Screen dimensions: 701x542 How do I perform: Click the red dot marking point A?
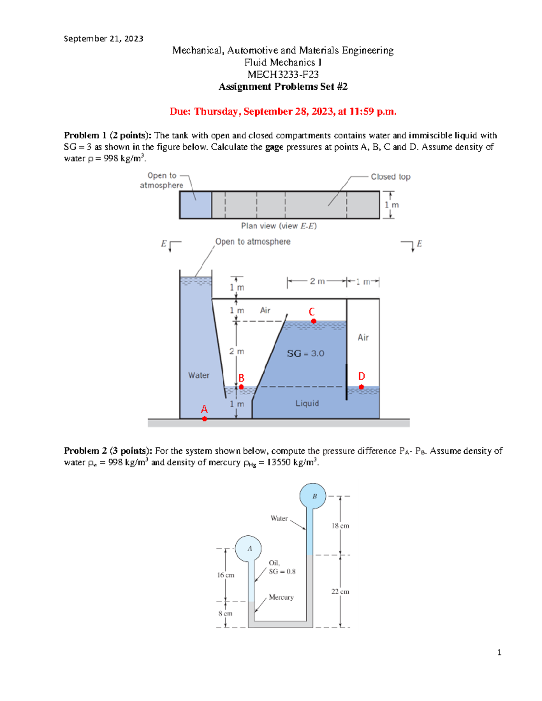click(205, 419)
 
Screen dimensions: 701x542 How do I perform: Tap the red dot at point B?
click(241, 387)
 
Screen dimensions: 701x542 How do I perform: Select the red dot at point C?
click(313, 321)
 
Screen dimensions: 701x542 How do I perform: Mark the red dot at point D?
click(361, 387)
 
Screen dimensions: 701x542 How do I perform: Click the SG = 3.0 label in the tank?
click(305, 353)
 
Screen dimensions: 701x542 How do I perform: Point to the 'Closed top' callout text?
click(390, 177)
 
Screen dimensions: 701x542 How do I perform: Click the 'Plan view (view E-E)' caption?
click(279, 226)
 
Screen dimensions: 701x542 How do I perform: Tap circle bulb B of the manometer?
click(313, 496)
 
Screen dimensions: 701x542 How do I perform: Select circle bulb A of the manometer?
click(248, 548)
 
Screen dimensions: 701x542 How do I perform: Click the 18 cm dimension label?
click(340, 526)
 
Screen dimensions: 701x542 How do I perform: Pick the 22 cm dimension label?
click(340, 591)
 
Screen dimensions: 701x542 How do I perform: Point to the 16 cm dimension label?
click(225, 575)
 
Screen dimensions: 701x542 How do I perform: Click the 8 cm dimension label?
click(225, 613)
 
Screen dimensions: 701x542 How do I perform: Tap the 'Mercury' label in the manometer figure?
click(281, 597)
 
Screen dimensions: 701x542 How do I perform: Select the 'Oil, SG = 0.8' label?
click(282, 567)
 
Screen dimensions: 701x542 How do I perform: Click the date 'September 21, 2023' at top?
click(103, 39)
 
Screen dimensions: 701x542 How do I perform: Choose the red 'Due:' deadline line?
click(283, 111)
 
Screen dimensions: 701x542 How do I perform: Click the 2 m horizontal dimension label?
click(317, 282)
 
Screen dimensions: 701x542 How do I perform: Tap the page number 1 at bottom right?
click(499, 652)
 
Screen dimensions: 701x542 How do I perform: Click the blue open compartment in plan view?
click(196, 205)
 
